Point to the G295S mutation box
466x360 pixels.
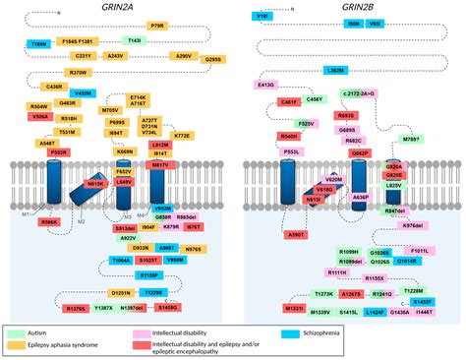(212, 59)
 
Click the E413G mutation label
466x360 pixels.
(266, 86)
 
